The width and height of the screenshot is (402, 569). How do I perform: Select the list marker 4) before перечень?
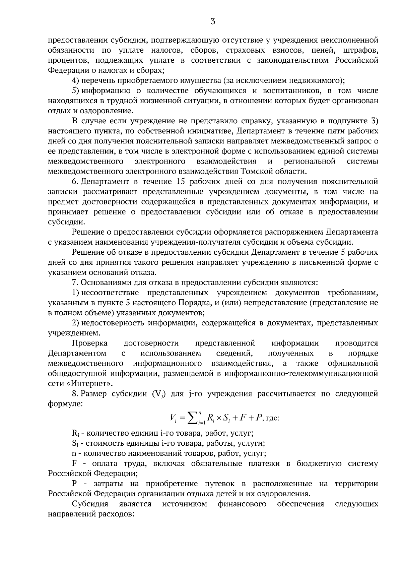click(x=75, y=81)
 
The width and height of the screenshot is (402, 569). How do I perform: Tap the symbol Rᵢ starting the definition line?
click(x=75, y=434)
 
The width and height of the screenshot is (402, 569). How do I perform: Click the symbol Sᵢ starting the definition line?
click(x=75, y=444)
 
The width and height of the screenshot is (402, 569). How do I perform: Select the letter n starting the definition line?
click(x=74, y=454)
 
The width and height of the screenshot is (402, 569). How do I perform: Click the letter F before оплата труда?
click(x=74, y=464)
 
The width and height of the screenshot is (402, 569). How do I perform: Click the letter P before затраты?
click(x=74, y=484)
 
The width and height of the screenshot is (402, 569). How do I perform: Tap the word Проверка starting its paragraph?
click(x=90, y=343)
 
